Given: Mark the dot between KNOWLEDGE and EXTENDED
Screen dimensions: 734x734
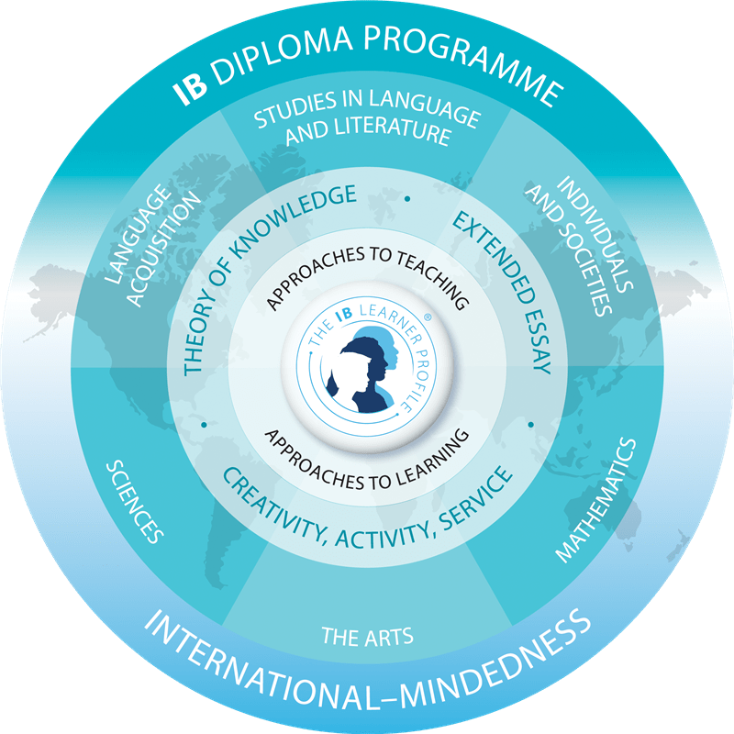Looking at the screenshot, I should click(406, 197).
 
